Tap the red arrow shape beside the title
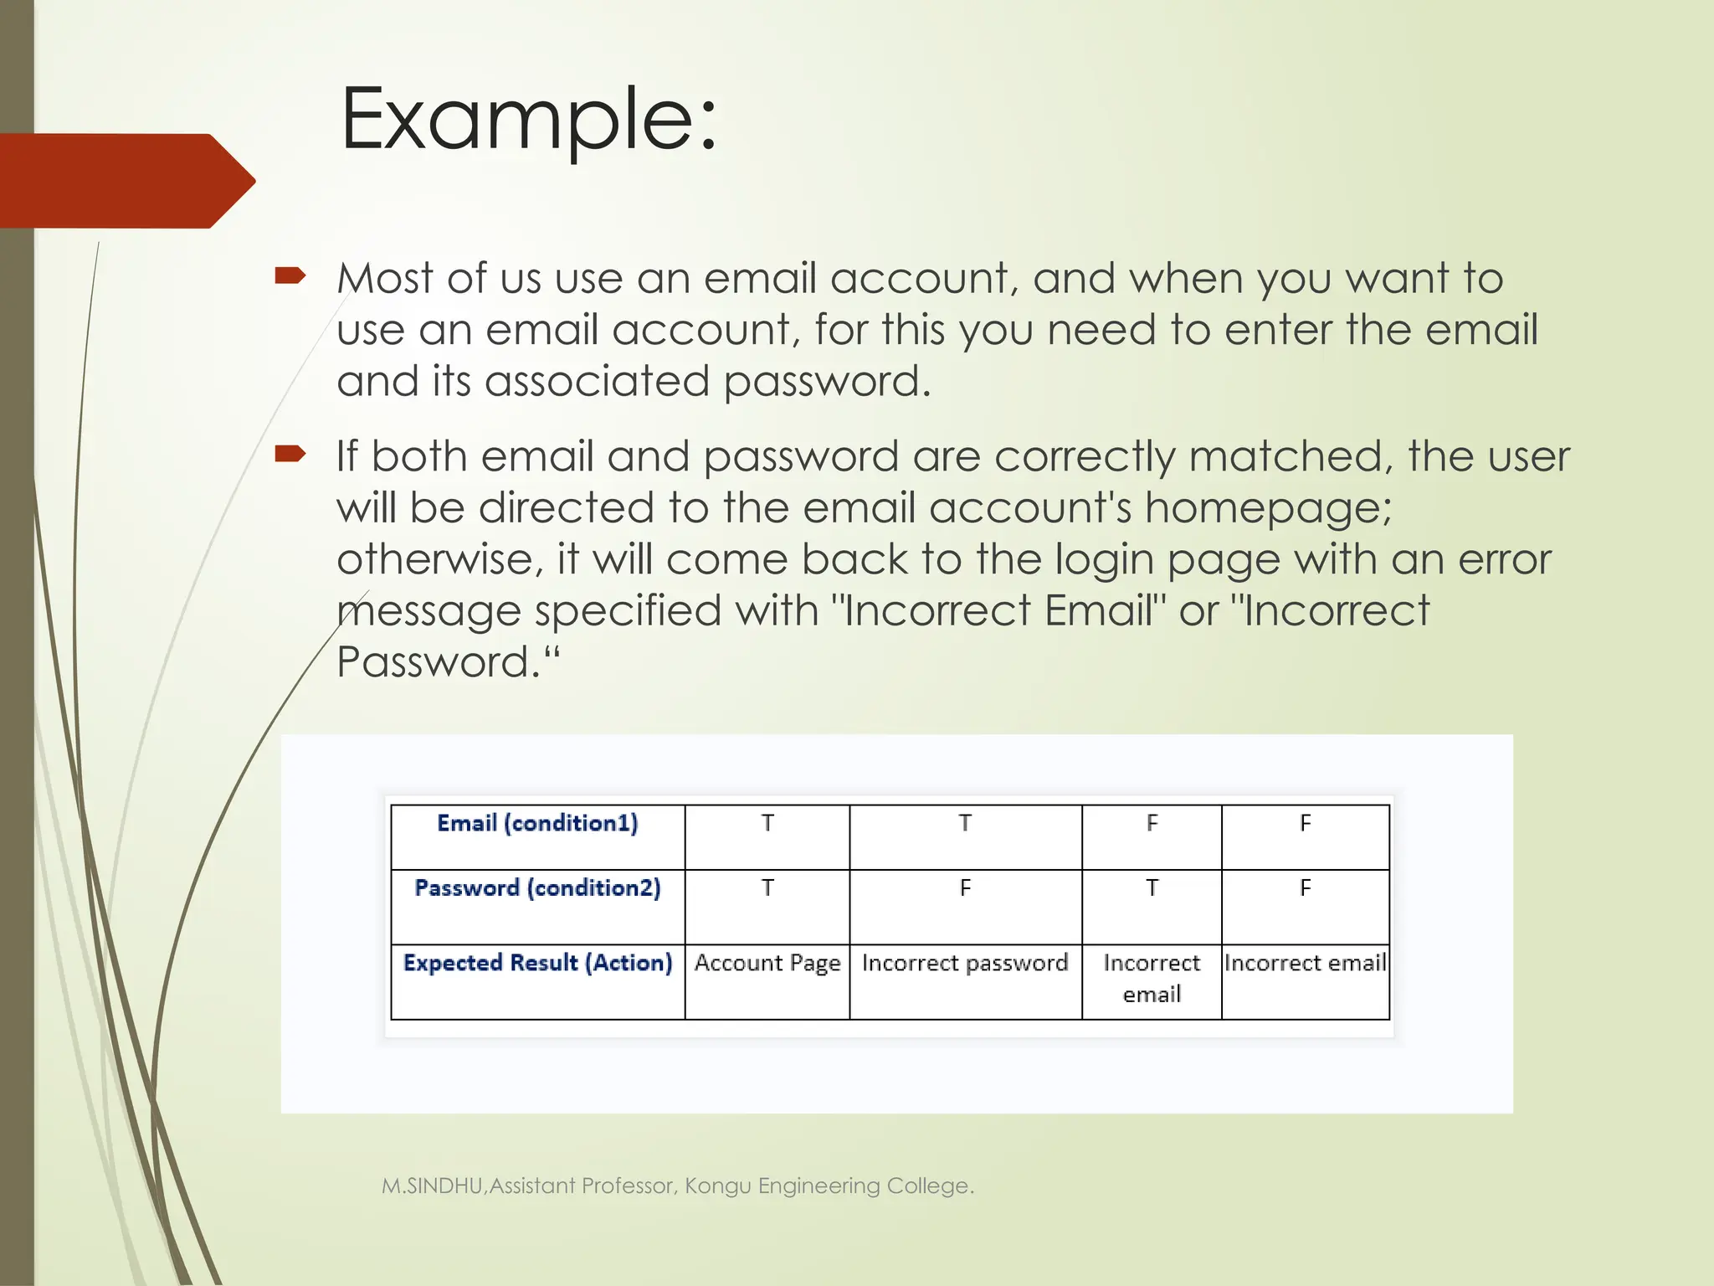tap(126, 180)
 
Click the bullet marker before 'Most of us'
tap(290, 275)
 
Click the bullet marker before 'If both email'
tap(290, 454)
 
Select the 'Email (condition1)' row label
tap(537, 824)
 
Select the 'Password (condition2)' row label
tap(537, 888)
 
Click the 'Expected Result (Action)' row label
tap(537, 963)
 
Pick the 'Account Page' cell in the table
tap(767, 963)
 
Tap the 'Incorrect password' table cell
tap(965, 963)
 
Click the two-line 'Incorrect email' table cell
tap(1152, 978)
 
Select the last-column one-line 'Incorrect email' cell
tap(1305, 963)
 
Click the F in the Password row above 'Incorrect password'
tap(965, 888)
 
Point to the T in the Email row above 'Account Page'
tap(767, 824)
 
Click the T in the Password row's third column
tap(1152, 888)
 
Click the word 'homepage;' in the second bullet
tap(1268, 509)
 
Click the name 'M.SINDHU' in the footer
tap(432, 1186)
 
